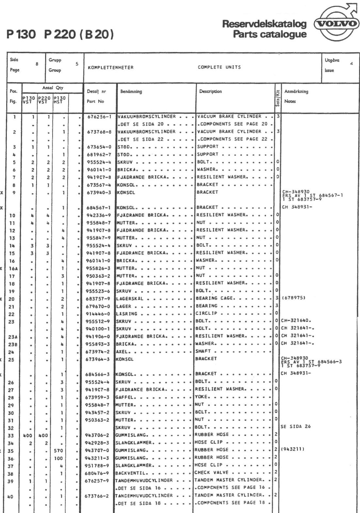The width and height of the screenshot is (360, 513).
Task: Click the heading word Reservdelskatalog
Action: tap(264, 24)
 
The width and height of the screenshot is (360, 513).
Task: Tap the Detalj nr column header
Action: tap(96, 92)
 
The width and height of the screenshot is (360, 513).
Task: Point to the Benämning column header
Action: tap(131, 92)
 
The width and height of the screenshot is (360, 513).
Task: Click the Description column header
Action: tap(210, 91)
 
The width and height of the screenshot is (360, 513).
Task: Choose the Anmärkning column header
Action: tap(296, 92)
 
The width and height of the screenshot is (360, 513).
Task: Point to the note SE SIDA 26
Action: tap(296, 427)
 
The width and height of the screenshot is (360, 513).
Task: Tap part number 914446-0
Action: tap(99, 314)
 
